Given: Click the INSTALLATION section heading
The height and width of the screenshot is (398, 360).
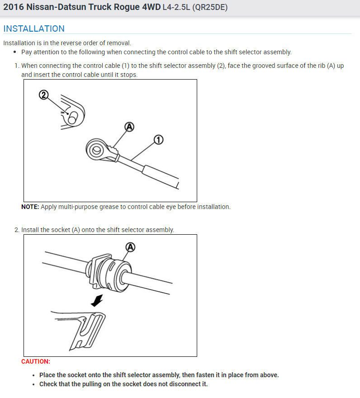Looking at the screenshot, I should [x=34, y=28].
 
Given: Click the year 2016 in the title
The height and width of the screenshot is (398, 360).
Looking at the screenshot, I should [x=13, y=8].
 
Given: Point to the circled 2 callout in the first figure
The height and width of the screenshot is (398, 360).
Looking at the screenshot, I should [x=43, y=95].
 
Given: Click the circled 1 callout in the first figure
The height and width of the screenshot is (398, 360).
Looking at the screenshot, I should [x=158, y=140].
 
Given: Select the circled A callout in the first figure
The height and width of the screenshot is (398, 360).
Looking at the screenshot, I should [x=129, y=127].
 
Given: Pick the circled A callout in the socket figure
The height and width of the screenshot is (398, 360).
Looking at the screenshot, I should [x=131, y=246].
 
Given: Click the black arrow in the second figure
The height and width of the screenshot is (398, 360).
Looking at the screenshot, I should [x=97, y=299].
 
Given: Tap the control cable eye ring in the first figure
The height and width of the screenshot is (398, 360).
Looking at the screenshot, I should [x=96, y=149].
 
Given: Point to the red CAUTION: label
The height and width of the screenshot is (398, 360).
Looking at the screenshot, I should [x=36, y=361].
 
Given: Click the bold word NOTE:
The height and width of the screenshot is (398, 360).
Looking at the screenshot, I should [x=30, y=207].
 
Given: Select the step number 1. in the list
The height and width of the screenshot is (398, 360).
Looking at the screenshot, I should [x=17, y=66].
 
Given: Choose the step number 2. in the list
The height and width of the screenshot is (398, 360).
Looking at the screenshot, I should [x=17, y=230].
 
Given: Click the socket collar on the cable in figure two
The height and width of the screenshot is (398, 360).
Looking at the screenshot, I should [x=110, y=272].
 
